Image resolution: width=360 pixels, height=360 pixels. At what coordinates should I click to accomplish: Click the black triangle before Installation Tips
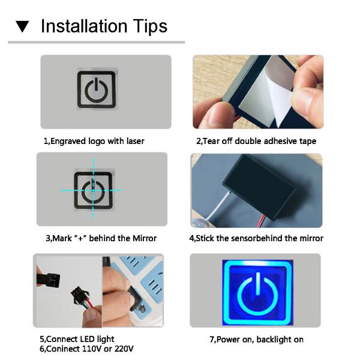click(x=22, y=27)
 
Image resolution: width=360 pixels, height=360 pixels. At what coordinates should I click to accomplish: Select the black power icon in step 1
click(x=96, y=90)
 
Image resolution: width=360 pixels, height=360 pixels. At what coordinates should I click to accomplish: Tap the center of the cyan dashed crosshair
click(x=94, y=189)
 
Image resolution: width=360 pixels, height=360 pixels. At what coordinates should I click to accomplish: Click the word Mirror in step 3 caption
click(x=143, y=238)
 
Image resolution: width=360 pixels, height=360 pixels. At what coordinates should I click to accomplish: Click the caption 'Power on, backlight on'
click(x=256, y=340)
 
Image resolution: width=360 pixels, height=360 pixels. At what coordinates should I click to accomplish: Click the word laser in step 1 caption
click(x=133, y=142)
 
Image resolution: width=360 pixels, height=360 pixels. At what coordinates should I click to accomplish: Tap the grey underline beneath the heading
click(x=96, y=43)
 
